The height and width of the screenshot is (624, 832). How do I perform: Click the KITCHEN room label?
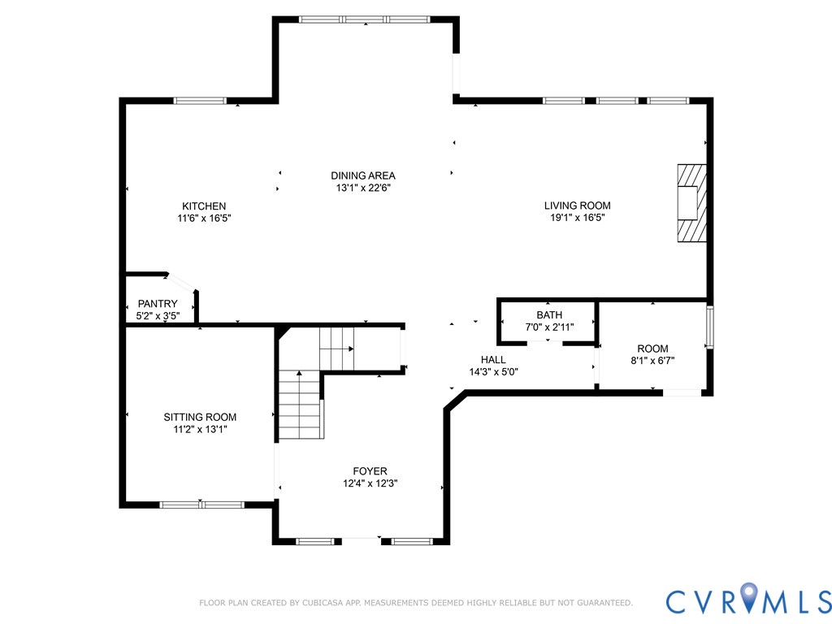click(x=204, y=206)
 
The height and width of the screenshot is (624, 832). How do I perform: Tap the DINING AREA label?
click(x=363, y=175)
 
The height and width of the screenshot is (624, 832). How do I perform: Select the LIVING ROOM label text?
click(x=578, y=206)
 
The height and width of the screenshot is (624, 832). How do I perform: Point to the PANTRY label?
click(x=158, y=304)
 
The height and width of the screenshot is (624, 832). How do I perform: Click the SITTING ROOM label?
click(x=200, y=417)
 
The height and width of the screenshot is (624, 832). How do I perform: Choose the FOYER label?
click(x=370, y=471)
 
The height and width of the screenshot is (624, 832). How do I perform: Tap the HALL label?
click(x=493, y=360)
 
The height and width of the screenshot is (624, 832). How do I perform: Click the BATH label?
click(x=549, y=315)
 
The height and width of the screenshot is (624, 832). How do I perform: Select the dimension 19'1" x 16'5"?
click(x=578, y=218)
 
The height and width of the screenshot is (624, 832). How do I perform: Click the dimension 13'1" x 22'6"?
click(x=363, y=188)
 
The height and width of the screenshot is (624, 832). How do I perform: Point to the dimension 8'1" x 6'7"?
click(x=652, y=361)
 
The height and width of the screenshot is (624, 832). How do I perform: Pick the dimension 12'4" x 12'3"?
click(x=370, y=483)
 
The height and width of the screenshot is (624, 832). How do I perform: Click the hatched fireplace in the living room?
click(x=692, y=203)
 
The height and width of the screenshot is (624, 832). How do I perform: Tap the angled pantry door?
click(x=181, y=282)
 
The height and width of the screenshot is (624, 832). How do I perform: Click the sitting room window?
click(x=202, y=505)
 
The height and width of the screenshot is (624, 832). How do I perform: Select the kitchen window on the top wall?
click(x=200, y=100)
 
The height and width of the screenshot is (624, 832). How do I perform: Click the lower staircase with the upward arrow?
click(x=301, y=405)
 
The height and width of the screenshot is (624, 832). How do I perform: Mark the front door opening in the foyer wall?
click(x=360, y=541)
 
